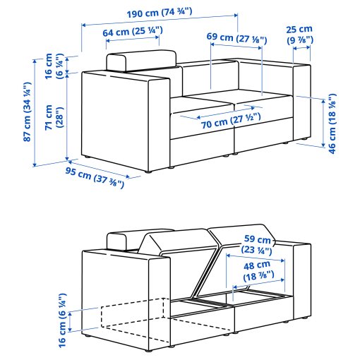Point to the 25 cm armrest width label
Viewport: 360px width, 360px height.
point(299,35)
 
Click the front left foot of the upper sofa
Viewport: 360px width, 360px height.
point(147,170)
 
